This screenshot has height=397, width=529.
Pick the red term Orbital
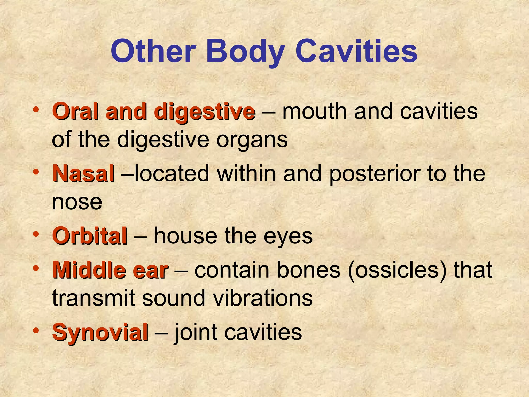pyautogui.click(x=90, y=236)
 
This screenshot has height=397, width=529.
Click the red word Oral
pyautogui.click(x=75, y=112)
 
